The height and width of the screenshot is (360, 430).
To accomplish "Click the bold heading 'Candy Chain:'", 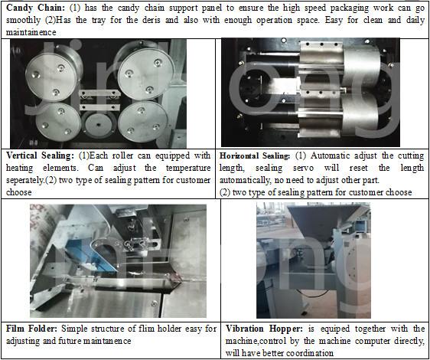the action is click(36, 8).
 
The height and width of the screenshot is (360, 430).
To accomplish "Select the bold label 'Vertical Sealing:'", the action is click(40, 155).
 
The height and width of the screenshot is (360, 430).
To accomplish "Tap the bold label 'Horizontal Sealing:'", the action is click(255, 156).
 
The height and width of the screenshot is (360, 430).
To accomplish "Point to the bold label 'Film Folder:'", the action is click(31, 329).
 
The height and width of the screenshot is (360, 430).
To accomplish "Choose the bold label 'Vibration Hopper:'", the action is click(264, 329).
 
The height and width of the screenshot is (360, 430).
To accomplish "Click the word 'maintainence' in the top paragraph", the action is click(31, 32).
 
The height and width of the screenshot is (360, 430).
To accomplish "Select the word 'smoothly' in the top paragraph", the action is click(21, 21).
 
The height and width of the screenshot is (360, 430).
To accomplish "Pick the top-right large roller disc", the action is click(145, 74).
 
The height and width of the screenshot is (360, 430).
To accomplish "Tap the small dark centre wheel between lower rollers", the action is click(98, 125).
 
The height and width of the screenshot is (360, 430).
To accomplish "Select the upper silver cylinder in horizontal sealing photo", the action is click(361, 65).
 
